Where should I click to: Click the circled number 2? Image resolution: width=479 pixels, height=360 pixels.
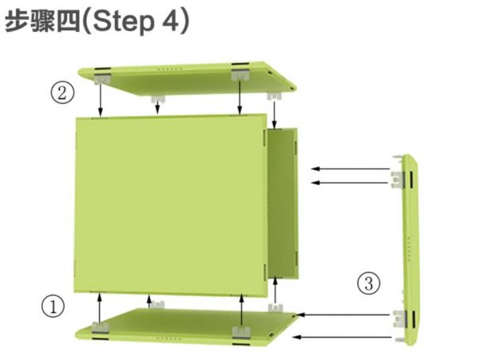(x=62, y=93)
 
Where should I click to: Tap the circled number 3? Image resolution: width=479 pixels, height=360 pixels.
(x=369, y=283)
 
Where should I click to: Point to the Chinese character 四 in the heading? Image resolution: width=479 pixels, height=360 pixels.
(x=68, y=22)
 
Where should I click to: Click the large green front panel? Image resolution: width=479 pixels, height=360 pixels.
(x=171, y=205)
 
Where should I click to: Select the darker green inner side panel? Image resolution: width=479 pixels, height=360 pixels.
(x=283, y=203)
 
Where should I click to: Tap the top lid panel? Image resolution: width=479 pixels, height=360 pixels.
(x=187, y=78)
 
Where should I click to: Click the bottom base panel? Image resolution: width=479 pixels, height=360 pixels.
(x=186, y=326)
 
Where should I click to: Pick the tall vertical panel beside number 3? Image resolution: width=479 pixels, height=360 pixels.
(x=410, y=250)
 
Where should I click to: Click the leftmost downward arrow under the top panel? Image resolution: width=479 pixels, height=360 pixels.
(x=101, y=100)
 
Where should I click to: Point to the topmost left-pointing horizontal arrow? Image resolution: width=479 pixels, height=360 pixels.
(x=350, y=168)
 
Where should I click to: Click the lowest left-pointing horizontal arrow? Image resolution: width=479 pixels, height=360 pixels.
(x=342, y=337)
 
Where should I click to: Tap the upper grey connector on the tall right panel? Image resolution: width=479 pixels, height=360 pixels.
(x=398, y=180)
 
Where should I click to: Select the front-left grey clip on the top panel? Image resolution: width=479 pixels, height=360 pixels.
(x=102, y=79)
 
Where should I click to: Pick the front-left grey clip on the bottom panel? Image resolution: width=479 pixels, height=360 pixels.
(x=101, y=327)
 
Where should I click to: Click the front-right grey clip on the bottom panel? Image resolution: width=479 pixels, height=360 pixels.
(x=241, y=332)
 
